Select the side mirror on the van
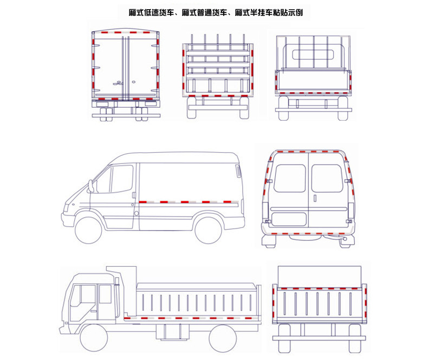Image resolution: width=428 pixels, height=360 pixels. click(90, 186)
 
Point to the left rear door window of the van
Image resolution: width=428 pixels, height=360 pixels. click(289, 178)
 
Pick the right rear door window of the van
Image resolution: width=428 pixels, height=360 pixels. click(327, 178)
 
